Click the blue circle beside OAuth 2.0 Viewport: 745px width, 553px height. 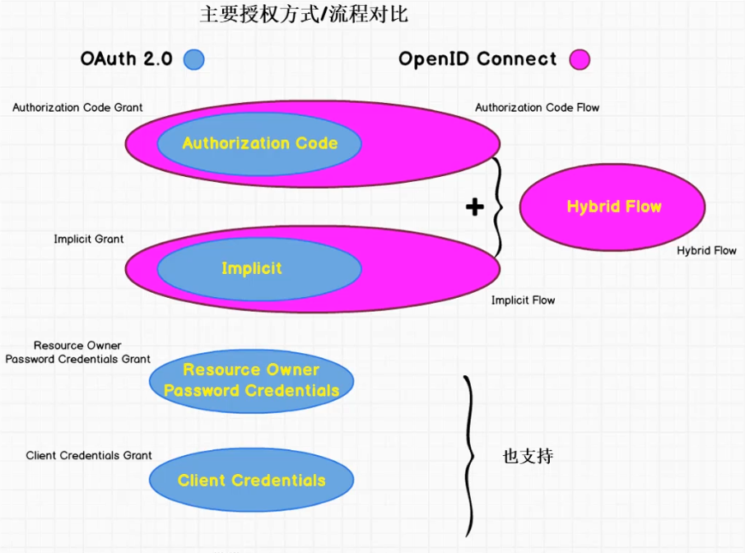(x=193, y=59)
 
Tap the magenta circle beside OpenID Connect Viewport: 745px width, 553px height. (x=580, y=59)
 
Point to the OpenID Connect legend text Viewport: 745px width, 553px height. (x=477, y=59)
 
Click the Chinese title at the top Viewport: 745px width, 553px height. (x=304, y=14)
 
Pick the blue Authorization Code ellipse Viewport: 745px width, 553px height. (x=259, y=143)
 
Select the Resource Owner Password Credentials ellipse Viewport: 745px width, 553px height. (x=251, y=380)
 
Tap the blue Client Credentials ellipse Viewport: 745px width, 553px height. (x=251, y=481)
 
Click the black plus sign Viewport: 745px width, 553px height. (x=474, y=207)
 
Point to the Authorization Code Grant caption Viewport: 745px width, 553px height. (x=77, y=108)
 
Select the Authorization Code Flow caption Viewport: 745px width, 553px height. (x=537, y=108)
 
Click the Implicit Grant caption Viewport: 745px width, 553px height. (x=89, y=239)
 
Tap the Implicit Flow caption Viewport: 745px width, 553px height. (x=523, y=300)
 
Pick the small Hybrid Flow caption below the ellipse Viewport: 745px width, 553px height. (x=706, y=251)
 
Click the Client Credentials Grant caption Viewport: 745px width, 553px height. (x=89, y=456)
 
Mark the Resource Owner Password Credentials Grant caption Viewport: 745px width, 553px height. (x=77, y=353)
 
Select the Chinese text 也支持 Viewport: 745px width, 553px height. (x=528, y=456)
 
